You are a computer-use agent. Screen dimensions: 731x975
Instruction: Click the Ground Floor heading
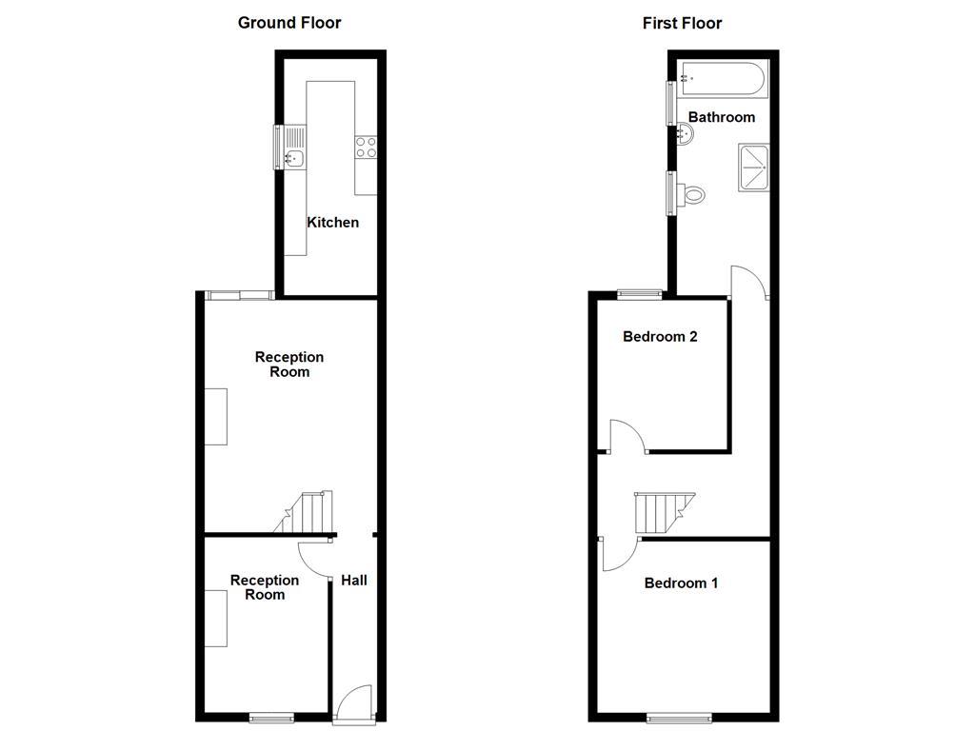coord(289,22)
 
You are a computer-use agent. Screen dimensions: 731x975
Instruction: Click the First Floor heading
coord(682,22)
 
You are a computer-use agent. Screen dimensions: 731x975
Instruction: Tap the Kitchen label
coord(332,222)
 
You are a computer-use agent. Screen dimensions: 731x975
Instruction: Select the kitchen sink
coord(294,159)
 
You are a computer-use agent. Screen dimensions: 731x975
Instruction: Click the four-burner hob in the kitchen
coord(367,147)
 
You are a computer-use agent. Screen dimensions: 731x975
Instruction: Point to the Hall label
coord(354,580)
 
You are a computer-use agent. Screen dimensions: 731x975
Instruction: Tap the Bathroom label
coord(721,117)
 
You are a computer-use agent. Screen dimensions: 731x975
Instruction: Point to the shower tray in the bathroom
coord(755,168)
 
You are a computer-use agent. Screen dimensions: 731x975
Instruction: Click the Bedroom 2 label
coord(660,336)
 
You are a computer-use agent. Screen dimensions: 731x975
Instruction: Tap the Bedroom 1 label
coord(681,583)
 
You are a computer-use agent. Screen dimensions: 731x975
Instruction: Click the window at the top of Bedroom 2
coord(639,293)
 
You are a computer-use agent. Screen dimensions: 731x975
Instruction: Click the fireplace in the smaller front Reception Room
coord(216,619)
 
